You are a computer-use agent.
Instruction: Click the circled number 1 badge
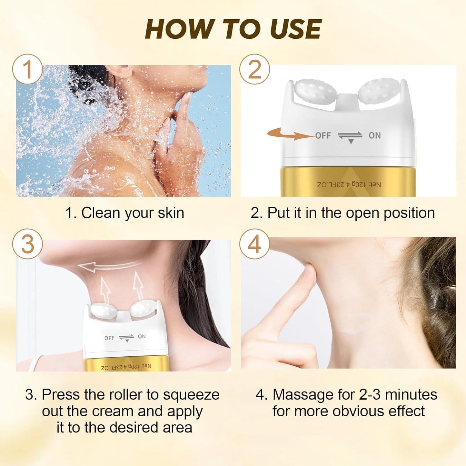27,69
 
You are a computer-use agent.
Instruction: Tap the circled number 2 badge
254,69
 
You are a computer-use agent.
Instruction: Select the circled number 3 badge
27,244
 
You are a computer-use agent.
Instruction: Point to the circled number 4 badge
254,244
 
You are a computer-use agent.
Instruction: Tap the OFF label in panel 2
323,135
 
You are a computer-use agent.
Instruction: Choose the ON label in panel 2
374,135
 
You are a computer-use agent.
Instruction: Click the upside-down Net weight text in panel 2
349,185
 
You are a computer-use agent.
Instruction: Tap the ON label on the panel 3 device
142,336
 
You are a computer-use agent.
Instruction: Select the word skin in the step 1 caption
171,213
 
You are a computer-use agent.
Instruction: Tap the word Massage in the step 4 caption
302,395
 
